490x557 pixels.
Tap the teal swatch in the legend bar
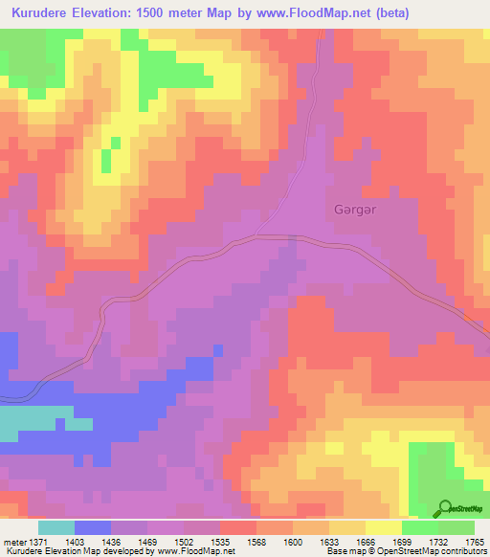56,527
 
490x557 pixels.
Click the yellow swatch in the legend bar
384,527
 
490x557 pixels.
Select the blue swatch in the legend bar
93,527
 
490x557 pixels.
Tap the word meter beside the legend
11,543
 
